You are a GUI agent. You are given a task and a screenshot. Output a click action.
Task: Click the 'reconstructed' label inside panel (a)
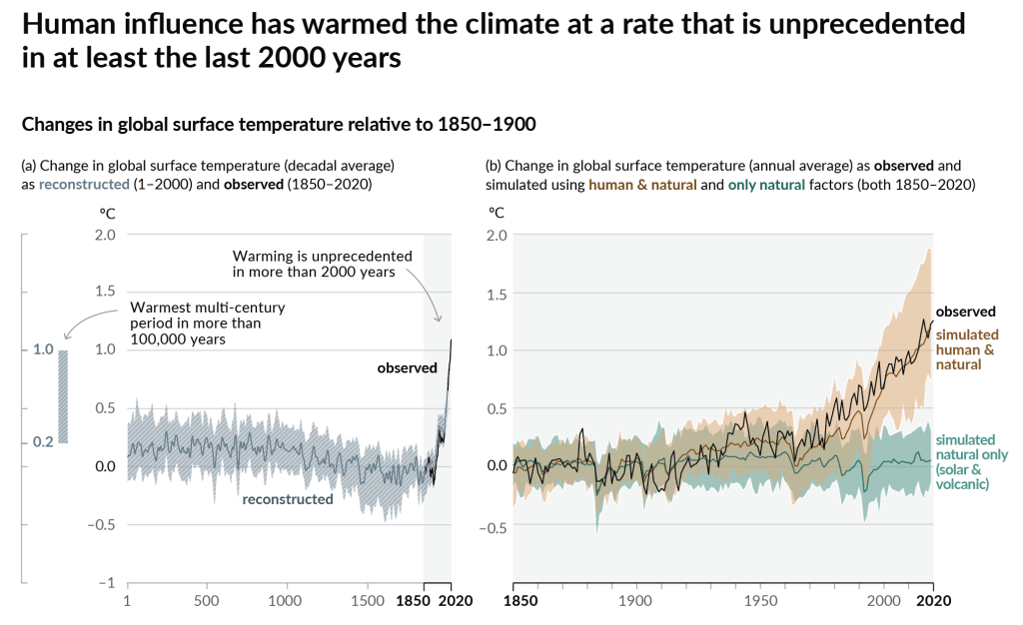pos(288,498)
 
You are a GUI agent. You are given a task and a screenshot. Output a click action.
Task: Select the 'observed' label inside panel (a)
pos(407,368)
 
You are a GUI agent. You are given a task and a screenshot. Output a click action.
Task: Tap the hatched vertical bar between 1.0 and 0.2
pos(62,396)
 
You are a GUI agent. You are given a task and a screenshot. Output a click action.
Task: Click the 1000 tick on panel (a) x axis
pos(285,601)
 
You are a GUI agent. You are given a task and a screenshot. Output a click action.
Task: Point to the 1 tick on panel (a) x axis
pos(127,601)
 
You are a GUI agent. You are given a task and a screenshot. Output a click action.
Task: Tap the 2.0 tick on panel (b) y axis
pos(497,236)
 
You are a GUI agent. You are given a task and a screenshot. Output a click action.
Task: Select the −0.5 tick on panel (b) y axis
pos(493,528)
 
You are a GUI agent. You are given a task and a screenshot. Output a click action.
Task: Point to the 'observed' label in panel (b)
pos(966,312)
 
